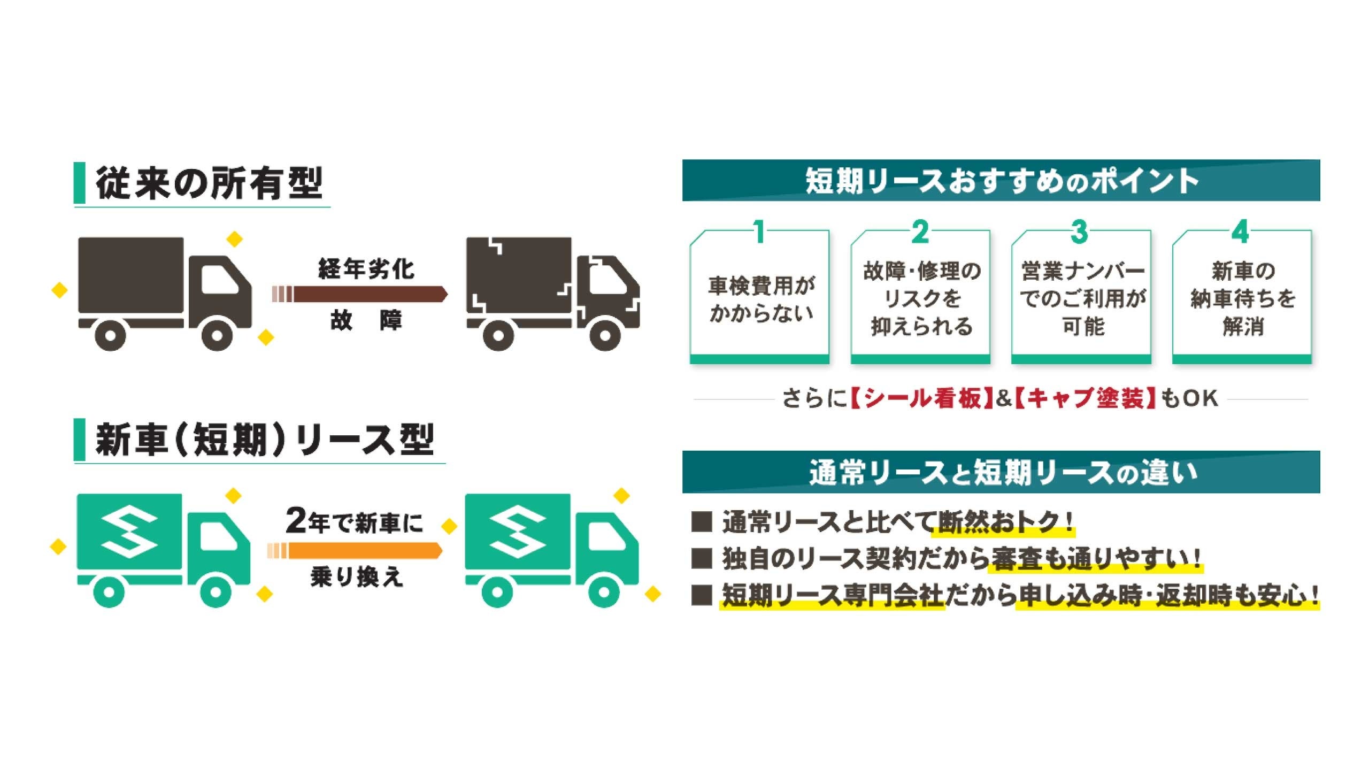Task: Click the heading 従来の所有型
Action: pos(209,183)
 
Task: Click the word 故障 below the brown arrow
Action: pos(366,320)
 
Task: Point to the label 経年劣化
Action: pos(366,268)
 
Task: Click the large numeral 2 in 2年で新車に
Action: pos(296,520)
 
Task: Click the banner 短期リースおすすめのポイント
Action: pos(1001,181)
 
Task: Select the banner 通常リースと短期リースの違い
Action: pos(1001,473)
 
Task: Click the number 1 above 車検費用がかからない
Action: pos(759,232)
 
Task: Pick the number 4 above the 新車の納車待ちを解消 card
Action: pos(1240,232)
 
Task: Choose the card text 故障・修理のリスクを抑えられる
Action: pos(921,298)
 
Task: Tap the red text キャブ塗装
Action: pos(1086,398)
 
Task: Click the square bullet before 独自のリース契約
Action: pos(702,558)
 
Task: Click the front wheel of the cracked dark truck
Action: pos(605,335)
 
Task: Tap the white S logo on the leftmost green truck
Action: pos(130,532)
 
